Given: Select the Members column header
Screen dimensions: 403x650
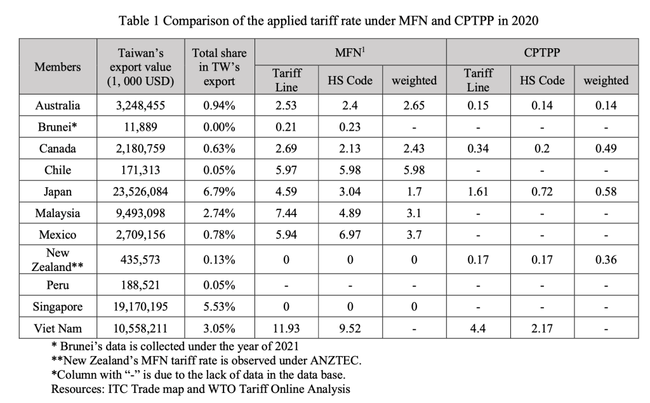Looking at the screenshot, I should click(x=58, y=67).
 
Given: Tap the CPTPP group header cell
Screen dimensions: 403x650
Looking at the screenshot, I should click(x=542, y=53).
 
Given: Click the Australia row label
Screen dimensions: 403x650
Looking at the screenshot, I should click(x=58, y=105).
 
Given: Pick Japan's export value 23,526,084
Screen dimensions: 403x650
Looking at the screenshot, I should click(x=140, y=192).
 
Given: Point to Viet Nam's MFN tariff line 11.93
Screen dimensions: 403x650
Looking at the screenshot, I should click(x=286, y=329).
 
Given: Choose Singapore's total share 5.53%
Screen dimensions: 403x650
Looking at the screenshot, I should click(x=219, y=307).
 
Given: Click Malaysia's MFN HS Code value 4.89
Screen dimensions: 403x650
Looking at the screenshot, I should click(x=350, y=213).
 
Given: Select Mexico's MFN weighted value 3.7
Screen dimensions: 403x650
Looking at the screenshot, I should click(x=414, y=235).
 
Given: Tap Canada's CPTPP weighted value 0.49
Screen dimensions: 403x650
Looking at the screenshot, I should click(x=606, y=149).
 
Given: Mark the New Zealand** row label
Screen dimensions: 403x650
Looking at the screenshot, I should click(x=58, y=260).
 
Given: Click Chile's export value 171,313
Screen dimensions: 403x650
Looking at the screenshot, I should click(x=140, y=170).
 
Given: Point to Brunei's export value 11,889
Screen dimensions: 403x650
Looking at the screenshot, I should click(x=140, y=127).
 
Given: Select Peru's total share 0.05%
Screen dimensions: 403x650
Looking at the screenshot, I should click(x=219, y=285).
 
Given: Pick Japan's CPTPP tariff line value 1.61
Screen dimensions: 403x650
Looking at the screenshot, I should click(x=478, y=192).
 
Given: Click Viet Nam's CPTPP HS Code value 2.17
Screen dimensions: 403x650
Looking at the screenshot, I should click(x=541, y=329).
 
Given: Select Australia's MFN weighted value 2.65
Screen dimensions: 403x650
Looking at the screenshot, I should click(x=414, y=105).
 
